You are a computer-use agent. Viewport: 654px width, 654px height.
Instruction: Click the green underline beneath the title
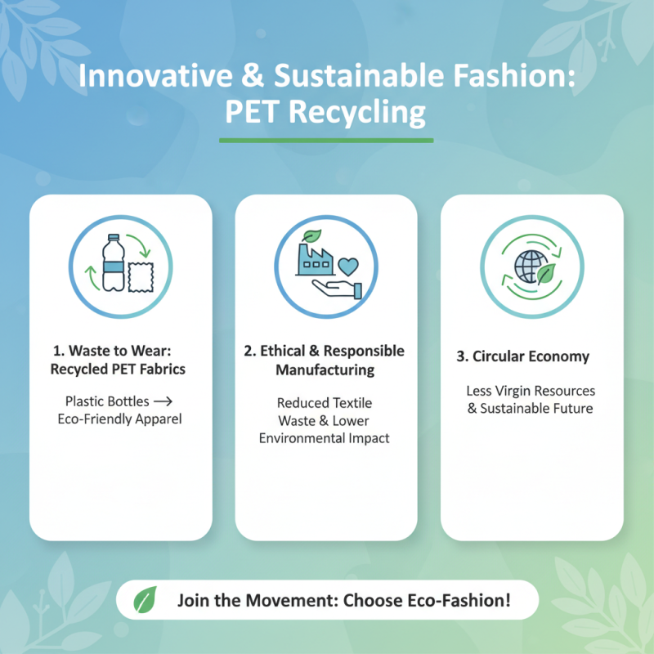tap(326, 141)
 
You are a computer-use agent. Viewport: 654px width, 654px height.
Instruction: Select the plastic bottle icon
tap(113, 262)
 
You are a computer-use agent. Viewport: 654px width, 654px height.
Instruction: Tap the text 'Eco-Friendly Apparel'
tap(119, 419)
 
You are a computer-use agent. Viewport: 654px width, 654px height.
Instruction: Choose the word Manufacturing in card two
tap(325, 370)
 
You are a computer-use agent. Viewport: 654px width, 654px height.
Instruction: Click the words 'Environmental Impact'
tap(325, 438)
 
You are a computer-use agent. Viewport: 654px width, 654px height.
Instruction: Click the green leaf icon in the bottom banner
tap(145, 600)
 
